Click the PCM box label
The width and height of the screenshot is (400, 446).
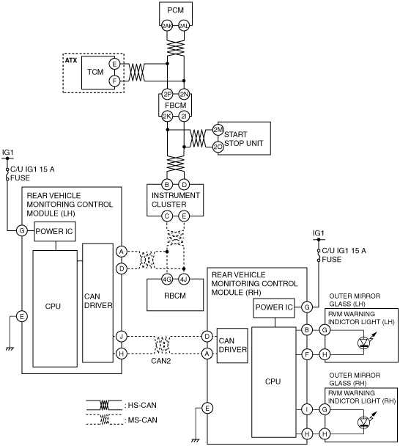click(175, 10)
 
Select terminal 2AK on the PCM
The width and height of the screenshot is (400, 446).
click(167, 26)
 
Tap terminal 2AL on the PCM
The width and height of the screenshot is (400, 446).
click(184, 26)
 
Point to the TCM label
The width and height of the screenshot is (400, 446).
click(95, 72)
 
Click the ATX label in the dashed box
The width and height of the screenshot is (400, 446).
click(71, 60)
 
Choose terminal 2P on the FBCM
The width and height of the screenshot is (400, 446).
click(167, 94)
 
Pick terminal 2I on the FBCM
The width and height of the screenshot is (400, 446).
click(184, 116)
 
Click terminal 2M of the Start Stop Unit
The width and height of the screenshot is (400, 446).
click(218, 130)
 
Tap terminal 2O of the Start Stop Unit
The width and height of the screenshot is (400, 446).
click(218, 147)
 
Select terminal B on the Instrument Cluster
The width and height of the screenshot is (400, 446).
click(167, 184)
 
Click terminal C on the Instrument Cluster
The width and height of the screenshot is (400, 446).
click(167, 216)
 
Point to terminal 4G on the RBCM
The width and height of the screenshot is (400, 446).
click(167, 279)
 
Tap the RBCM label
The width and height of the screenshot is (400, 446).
click(175, 296)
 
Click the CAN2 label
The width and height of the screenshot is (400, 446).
click(160, 361)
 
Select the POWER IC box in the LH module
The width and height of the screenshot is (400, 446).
click(55, 232)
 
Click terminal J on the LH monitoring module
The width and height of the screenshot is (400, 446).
click(122, 337)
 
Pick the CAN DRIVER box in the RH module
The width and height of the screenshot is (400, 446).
click(232, 346)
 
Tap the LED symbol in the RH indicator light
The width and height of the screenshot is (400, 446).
click(364, 422)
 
